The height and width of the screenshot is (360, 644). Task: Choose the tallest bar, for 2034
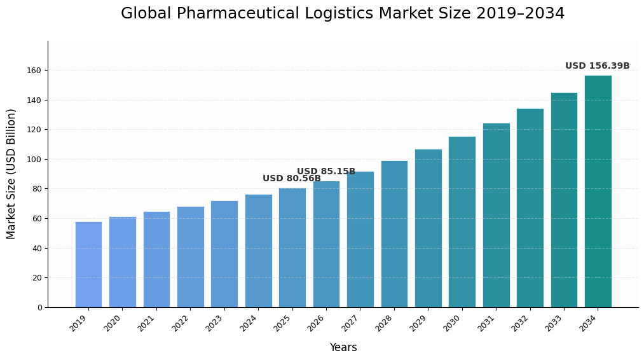pos(598,191)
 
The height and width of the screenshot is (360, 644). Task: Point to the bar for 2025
pos(292,247)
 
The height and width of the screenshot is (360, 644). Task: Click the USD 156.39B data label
pos(597,66)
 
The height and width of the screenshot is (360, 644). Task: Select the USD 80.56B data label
pos(291,179)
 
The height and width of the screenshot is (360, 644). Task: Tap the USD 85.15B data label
pos(325,172)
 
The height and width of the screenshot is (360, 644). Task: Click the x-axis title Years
pos(343,348)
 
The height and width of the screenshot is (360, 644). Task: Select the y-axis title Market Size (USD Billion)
pos(11,174)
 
